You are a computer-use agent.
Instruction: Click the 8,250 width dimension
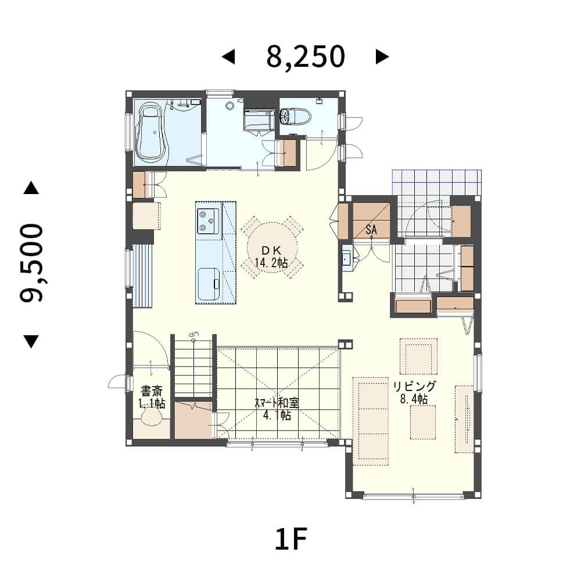click(x=306, y=57)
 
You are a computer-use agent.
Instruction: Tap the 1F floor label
click(x=290, y=539)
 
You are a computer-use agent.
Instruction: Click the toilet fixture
click(x=295, y=116)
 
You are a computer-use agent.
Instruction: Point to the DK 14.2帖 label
click(x=271, y=257)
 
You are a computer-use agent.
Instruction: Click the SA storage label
click(x=371, y=229)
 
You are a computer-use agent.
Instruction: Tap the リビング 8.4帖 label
click(x=414, y=392)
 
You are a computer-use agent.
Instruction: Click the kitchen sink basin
click(x=209, y=284)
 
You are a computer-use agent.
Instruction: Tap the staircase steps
click(x=193, y=366)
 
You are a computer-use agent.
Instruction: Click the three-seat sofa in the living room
click(x=371, y=421)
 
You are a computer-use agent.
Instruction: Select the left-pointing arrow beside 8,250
click(x=228, y=57)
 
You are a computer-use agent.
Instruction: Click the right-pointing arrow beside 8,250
click(x=382, y=57)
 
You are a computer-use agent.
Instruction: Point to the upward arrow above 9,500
click(x=31, y=188)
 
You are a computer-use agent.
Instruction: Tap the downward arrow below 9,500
click(x=31, y=342)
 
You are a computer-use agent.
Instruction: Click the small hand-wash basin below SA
click(x=347, y=259)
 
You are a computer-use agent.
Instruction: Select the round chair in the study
click(x=152, y=417)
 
